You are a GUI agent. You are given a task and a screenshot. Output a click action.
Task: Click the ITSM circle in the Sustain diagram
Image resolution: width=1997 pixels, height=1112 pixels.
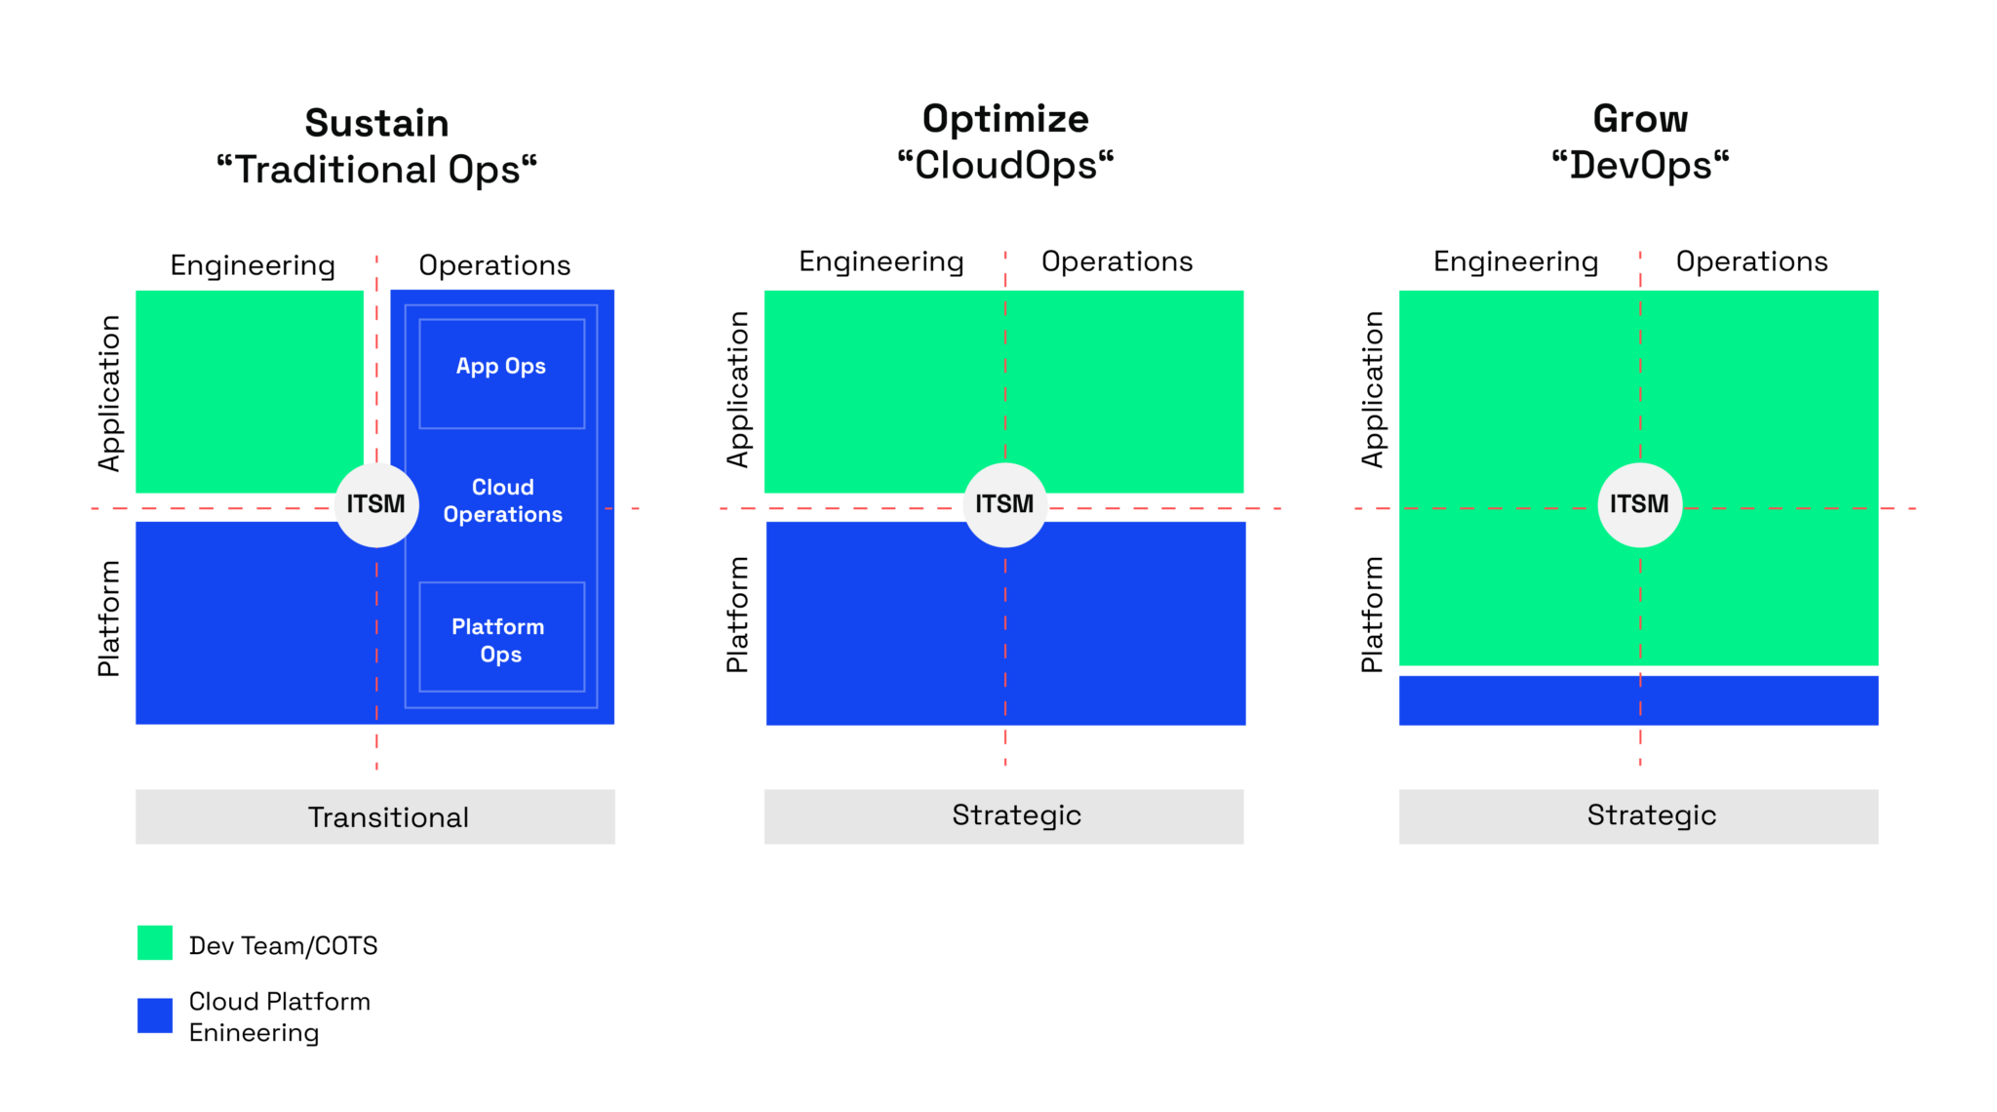pyautogui.click(x=376, y=504)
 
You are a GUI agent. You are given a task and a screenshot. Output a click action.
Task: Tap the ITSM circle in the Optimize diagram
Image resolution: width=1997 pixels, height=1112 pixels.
pyautogui.click(x=1004, y=504)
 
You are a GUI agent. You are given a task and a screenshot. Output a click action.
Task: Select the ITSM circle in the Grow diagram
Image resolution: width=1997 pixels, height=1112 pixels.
pyautogui.click(x=1639, y=504)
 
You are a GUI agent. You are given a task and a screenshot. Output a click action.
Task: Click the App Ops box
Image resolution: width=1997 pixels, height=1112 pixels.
pyautogui.click(x=501, y=373)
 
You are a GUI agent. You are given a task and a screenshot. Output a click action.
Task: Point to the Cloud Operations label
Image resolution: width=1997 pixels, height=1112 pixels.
pyautogui.click(x=502, y=500)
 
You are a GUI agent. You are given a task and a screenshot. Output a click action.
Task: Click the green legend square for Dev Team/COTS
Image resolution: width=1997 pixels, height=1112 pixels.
pyautogui.click(x=155, y=943)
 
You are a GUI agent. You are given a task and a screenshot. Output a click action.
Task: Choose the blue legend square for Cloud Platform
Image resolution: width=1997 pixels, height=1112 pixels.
pyautogui.click(x=155, y=1014)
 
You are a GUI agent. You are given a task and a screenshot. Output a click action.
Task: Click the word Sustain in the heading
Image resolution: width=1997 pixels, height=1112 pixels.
pyautogui.click(x=376, y=124)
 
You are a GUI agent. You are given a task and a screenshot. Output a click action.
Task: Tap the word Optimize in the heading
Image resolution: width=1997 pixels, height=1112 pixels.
pyautogui.click(x=1005, y=119)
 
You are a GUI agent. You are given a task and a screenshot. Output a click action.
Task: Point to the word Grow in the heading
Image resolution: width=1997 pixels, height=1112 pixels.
pyautogui.click(x=1640, y=119)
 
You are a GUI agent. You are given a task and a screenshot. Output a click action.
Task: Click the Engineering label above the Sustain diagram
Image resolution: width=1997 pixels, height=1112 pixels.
pyautogui.click(x=253, y=265)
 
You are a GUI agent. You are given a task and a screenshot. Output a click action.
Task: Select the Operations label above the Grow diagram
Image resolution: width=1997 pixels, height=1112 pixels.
pyautogui.click(x=1751, y=261)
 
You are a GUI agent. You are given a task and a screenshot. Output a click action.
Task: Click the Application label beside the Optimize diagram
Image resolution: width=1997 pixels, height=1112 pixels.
pyautogui.click(x=738, y=389)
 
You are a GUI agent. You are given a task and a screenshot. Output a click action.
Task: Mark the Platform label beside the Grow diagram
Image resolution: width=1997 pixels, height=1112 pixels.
pyautogui.click(x=1372, y=615)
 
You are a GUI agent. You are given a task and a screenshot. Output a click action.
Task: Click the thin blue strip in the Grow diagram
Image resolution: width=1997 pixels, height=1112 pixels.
pyautogui.click(x=1638, y=700)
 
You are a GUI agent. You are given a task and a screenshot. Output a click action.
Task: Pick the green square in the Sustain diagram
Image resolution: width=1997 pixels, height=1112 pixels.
pyautogui.click(x=250, y=391)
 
